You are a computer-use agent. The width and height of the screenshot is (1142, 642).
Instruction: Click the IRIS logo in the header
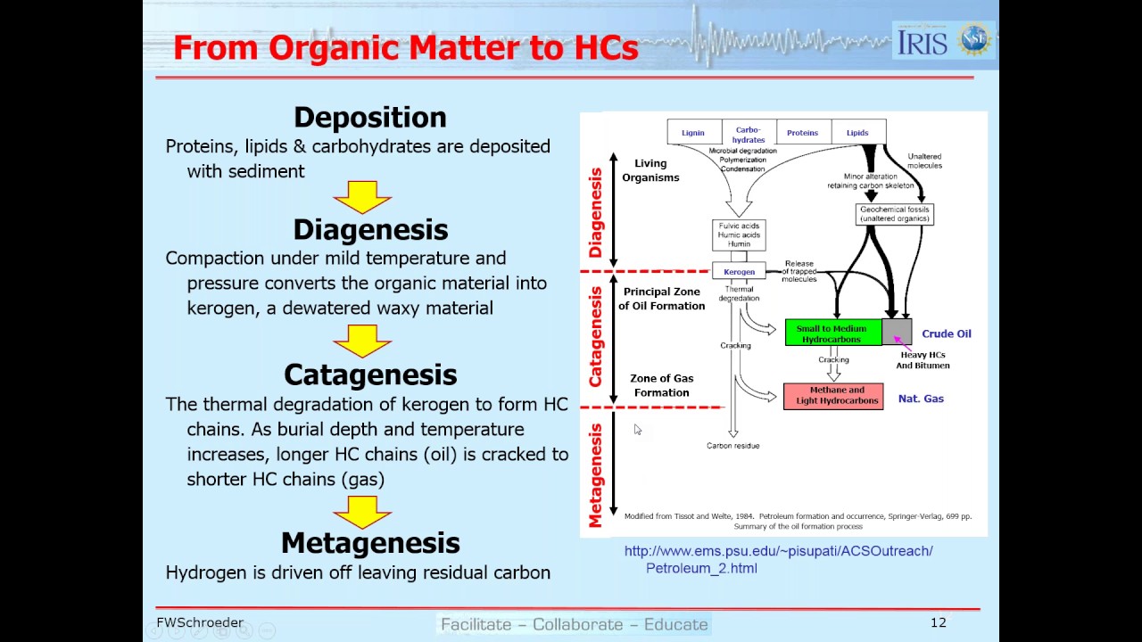click(x=923, y=41)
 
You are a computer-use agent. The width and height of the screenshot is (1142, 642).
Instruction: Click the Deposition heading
click(x=369, y=118)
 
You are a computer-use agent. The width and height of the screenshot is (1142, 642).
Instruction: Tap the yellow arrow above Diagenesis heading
click(x=362, y=197)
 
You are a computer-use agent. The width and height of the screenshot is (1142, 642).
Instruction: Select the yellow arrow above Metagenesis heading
click(x=362, y=511)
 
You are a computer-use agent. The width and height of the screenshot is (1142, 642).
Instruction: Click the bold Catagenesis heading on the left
click(x=370, y=374)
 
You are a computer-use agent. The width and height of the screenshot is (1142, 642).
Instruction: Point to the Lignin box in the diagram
click(x=693, y=133)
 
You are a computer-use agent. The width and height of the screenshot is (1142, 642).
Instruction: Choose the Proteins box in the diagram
click(x=802, y=133)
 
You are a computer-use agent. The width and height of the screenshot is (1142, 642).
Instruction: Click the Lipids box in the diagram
click(x=857, y=133)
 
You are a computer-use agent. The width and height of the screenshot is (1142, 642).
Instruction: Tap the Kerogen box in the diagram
click(x=739, y=271)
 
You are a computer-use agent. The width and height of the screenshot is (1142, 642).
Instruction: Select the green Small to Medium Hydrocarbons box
click(x=832, y=333)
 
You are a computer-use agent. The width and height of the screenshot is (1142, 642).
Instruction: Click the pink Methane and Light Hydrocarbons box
click(x=833, y=396)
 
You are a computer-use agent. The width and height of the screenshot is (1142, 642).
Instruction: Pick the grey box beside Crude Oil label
click(x=897, y=332)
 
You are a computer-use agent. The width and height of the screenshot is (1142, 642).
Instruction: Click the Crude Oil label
click(x=946, y=333)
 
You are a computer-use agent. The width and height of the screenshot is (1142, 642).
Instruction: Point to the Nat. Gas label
click(x=921, y=399)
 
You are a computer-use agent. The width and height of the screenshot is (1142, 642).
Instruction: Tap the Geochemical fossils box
click(x=894, y=214)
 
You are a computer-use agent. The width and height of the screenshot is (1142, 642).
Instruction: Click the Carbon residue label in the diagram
click(x=732, y=446)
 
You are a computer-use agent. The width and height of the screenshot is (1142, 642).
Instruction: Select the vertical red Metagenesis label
click(x=596, y=474)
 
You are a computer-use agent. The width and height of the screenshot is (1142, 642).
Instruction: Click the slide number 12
click(x=938, y=622)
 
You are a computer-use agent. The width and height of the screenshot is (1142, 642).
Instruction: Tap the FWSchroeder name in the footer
click(x=200, y=622)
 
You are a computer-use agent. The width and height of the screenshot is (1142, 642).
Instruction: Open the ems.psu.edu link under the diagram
click(x=778, y=559)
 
